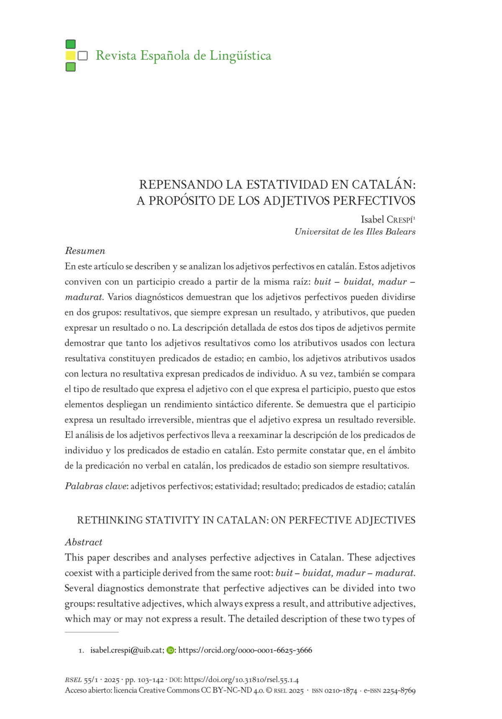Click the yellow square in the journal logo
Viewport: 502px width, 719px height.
(x=71, y=56)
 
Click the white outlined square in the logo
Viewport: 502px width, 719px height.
(x=83, y=56)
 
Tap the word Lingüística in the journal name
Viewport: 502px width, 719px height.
(x=240, y=55)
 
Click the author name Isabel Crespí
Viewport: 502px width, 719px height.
(x=388, y=220)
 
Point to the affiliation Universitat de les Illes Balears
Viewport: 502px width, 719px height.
(x=355, y=232)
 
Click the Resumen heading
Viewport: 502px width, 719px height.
(x=85, y=251)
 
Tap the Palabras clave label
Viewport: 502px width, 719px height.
(x=96, y=486)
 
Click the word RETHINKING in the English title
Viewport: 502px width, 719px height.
(x=110, y=520)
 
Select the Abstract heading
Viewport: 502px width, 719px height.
(x=84, y=542)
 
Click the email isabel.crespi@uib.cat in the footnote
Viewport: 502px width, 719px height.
(x=126, y=650)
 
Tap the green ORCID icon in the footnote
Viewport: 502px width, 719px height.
(x=170, y=650)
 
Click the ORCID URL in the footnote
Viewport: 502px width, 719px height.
(x=245, y=650)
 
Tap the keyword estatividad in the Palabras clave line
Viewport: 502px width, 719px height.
(x=236, y=486)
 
